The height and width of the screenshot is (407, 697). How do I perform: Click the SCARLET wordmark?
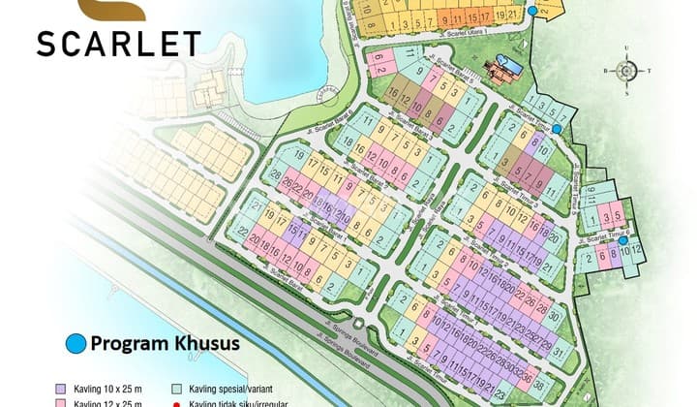coord(119,43)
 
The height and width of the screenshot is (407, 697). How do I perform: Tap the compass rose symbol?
coord(626,70)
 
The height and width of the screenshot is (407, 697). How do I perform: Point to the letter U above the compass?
coord(626,47)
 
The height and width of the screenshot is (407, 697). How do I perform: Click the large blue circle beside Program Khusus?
coord(76,343)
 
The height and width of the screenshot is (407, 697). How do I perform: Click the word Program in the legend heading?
coord(129,343)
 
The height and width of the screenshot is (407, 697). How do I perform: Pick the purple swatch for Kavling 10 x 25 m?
coord(63,385)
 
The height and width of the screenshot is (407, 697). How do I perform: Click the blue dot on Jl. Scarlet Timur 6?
coord(624,241)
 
